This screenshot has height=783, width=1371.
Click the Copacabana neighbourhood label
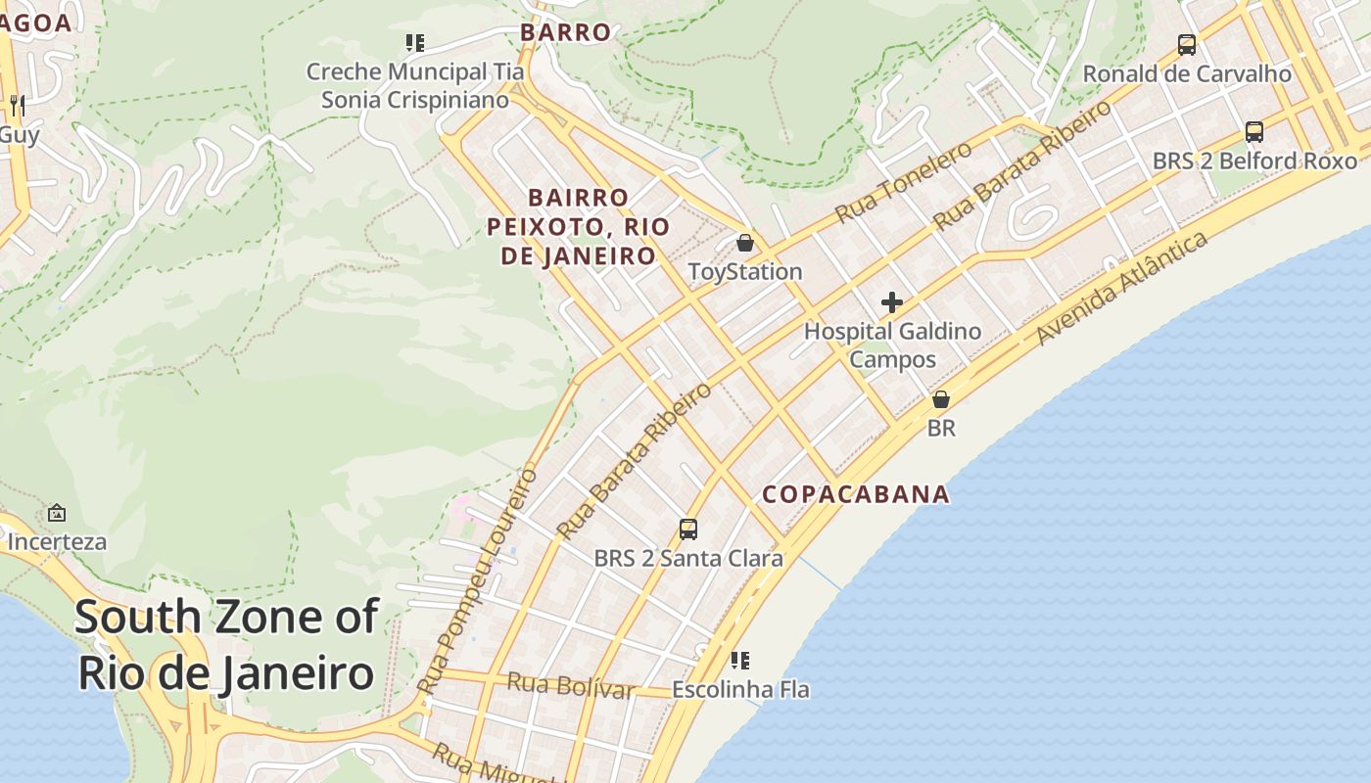click(x=856, y=494)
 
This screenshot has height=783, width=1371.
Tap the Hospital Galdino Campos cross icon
click(x=891, y=302)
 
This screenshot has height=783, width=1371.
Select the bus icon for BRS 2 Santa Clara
click(x=688, y=530)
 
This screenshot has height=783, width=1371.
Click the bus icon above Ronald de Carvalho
click(x=1187, y=45)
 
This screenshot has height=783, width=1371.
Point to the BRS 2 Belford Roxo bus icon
click(x=1254, y=132)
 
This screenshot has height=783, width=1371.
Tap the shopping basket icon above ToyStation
click(x=745, y=243)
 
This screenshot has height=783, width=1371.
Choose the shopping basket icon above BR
click(x=941, y=399)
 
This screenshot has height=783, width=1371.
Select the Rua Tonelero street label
click(x=903, y=182)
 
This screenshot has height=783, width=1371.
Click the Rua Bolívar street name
click(x=570, y=685)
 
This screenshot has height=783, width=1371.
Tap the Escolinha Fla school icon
click(x=740, y=661)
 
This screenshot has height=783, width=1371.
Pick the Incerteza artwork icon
click(x=57, y=513)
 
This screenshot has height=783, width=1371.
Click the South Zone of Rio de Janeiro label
click(x=226, y=645)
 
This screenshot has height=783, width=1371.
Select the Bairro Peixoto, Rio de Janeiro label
click(x=578, y=227)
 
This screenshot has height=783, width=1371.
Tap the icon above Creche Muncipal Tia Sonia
click(x=415, y=43)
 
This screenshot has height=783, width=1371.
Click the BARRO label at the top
click(x=566, y=32)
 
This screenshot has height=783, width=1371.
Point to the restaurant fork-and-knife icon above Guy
click(x=17, y=105)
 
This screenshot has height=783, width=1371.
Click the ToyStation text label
click(x=745, y=272)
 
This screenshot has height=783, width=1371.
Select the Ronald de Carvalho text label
click(x=1187, y=74)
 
